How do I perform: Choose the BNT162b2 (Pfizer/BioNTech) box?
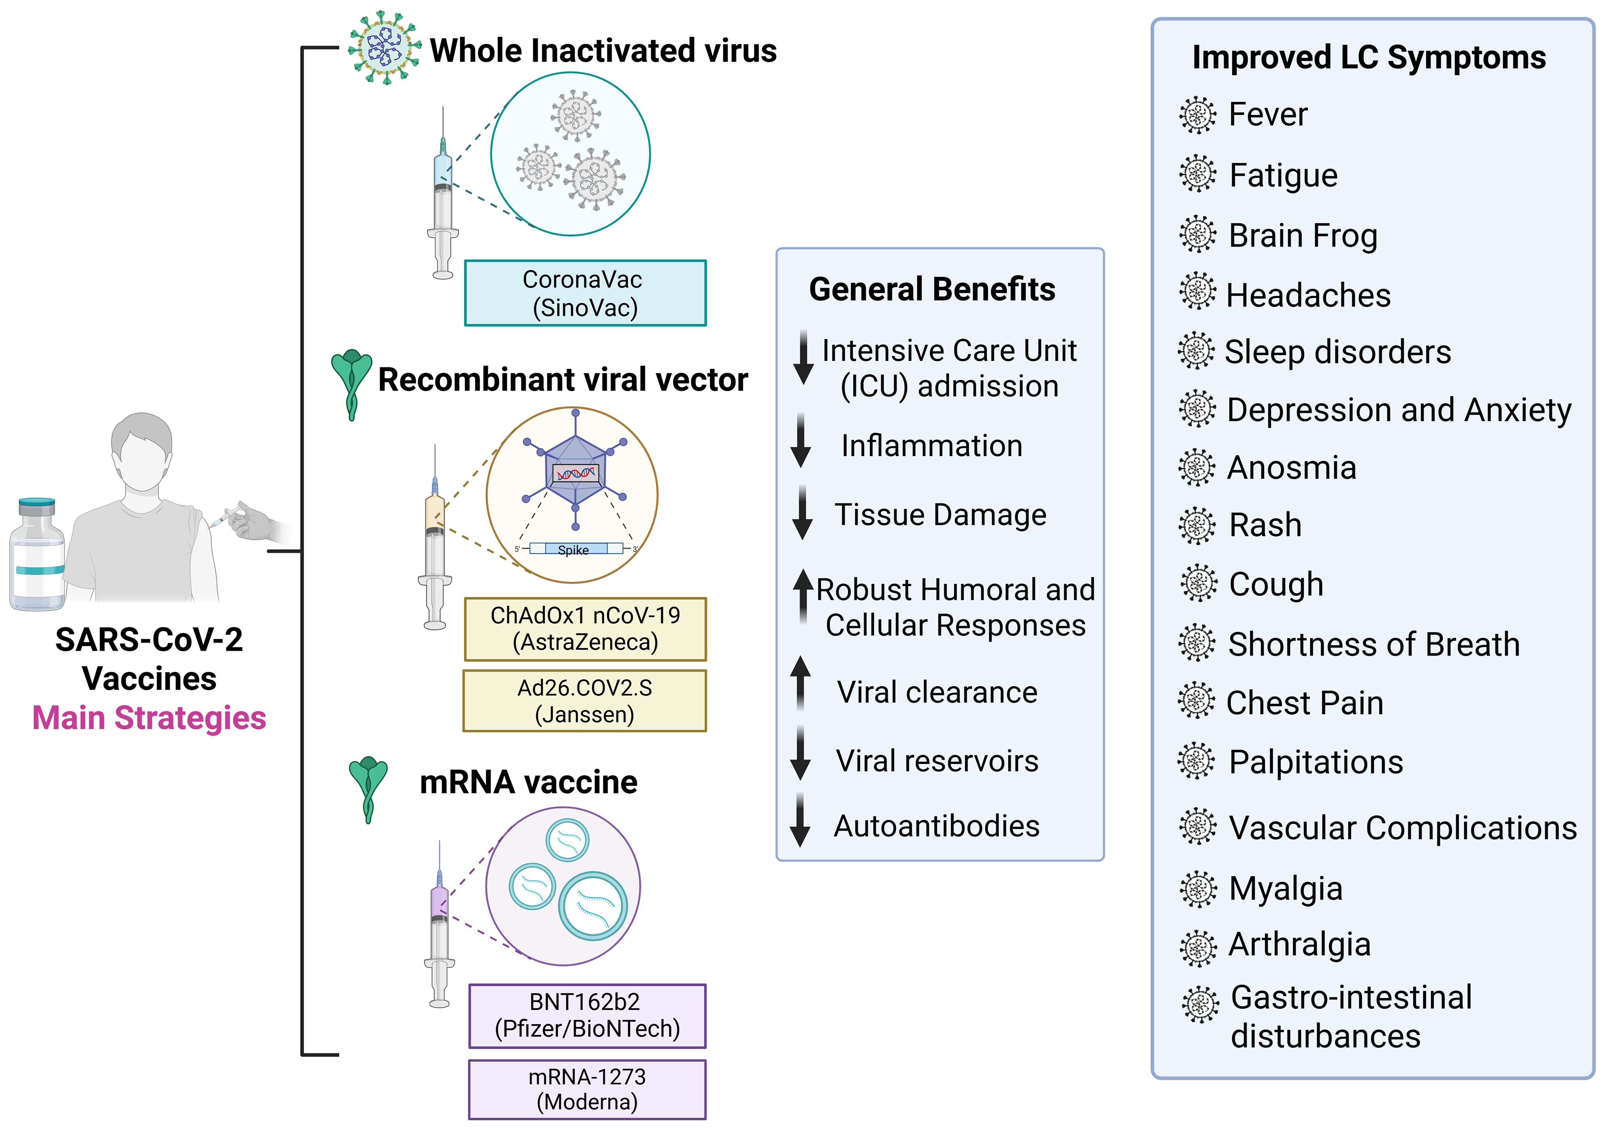[587, 1015]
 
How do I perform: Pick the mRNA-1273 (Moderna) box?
[587, 1090]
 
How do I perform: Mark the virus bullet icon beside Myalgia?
[1198, 889]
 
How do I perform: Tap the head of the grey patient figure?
[142, 451]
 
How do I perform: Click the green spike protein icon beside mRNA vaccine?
[368, 789]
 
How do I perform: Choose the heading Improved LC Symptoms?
[1369, 57]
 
